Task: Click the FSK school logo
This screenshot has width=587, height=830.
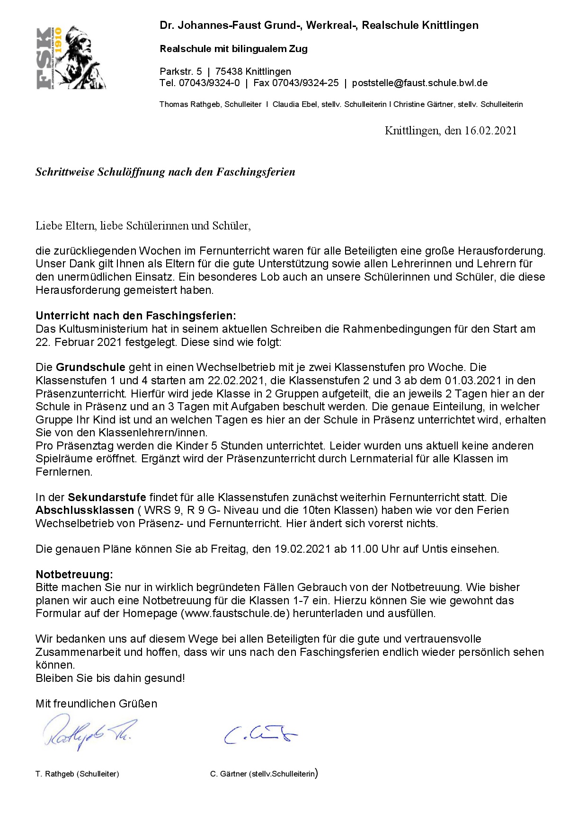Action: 71,58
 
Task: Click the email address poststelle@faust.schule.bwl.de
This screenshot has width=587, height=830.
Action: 419,83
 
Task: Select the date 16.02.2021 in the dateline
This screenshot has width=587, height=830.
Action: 490,131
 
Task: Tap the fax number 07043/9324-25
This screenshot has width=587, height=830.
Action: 305,83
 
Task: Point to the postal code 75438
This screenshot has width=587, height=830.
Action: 227,72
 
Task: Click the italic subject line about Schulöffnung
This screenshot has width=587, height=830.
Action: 165,172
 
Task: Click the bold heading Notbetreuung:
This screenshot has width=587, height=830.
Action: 74,574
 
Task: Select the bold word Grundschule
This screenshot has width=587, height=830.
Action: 90,367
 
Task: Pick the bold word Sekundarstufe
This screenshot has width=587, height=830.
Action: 107,497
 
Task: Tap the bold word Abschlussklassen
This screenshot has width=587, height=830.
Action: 85,510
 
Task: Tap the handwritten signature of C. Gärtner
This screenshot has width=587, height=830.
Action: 260,734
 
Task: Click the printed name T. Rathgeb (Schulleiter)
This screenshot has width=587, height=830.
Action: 77,774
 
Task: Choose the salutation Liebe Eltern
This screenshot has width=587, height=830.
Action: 65,226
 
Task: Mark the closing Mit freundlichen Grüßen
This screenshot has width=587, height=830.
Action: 96,704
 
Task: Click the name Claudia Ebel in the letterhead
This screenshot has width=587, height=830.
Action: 295,105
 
